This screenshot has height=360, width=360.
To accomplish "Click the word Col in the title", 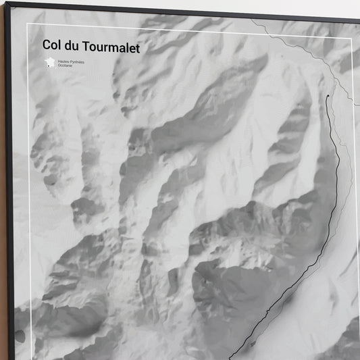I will [52, 46].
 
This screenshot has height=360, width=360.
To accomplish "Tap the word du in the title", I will [74, 46].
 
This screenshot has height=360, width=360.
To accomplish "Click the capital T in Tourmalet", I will [86, 46].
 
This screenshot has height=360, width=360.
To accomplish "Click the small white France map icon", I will [49, 63].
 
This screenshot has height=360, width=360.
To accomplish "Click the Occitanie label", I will [66, 66].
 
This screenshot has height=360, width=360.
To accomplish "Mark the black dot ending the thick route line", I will [328, 97].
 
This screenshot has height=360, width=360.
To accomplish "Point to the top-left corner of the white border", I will [28, 24].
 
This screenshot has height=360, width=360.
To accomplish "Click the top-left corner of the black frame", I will [6, 3].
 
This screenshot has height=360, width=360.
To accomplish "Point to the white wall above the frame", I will [203, 5].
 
